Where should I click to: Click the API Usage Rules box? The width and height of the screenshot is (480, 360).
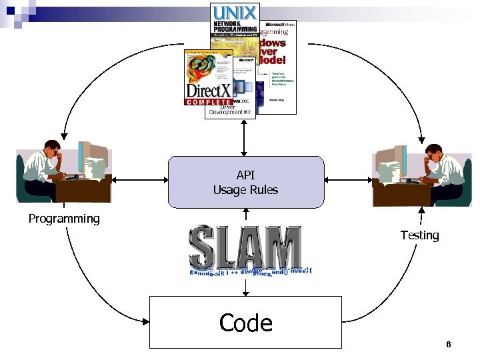pos(245,182)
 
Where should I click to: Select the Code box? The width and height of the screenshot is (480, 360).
pos(245,323)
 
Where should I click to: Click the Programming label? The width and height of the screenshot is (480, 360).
pos(64,219)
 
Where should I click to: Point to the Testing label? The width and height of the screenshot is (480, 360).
pos(419,235)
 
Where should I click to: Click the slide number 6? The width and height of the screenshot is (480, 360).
pos(449,345)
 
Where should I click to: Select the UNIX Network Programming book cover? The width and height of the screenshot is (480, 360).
pos(234,27)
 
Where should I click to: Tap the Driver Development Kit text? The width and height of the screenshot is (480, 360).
pos(230,110)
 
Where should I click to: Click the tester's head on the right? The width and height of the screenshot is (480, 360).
pos(433,151)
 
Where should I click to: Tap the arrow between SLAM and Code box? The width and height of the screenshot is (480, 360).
pos(245,288)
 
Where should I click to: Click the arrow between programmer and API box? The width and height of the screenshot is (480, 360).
pos(139,180)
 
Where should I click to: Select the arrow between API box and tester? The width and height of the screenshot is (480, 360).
pos(348,180)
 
